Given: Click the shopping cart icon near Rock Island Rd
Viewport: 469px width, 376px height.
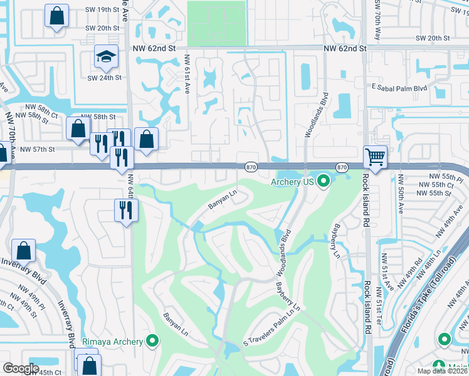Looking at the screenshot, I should click(x=375, y=157).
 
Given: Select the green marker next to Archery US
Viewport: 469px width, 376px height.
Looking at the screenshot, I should click(x=324, y=182).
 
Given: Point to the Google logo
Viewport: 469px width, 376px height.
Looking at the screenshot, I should click(x=21, y=368).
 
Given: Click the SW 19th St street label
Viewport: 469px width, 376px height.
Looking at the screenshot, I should click(x=102, y=10).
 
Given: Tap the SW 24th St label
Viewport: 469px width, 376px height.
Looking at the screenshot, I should click(x=103, y=78).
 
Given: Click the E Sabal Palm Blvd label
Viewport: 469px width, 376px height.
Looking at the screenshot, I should click(x=399, y=87).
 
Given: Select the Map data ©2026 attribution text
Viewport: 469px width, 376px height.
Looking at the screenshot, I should click(x=443, y=371).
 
